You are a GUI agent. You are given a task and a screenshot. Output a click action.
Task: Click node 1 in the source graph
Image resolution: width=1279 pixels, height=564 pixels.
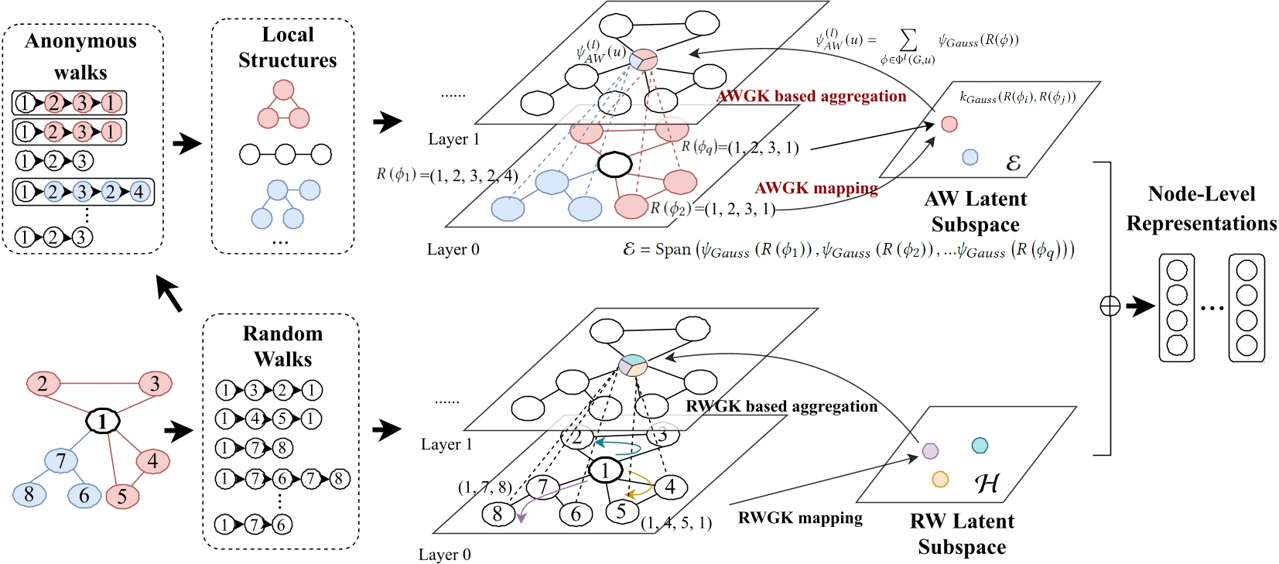click(x=103, y=421)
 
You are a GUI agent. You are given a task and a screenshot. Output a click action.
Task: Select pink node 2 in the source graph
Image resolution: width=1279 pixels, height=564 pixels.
click(x=43, y=383)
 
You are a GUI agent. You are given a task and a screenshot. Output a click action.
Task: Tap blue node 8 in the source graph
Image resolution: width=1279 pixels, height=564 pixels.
click(x=29, y=494)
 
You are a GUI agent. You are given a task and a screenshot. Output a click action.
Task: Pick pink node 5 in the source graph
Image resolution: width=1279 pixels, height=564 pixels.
click(x=121, y=496)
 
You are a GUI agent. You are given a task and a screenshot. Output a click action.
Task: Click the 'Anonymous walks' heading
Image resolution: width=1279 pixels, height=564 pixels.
click(x=80, y=56)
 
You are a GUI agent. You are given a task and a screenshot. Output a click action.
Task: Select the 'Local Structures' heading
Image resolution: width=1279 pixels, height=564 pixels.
click(x=287, y=47)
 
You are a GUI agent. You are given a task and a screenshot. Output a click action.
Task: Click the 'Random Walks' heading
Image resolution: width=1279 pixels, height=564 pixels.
click(x=282, y=346)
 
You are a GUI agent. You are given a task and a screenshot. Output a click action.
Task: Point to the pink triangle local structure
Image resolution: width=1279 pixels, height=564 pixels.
click(x=283, y=106)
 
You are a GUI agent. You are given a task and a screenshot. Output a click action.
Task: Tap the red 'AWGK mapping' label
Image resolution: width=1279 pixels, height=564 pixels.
click(x=816, y=188)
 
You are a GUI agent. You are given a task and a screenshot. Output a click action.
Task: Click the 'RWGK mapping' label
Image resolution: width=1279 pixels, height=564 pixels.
click(x=800, y=518)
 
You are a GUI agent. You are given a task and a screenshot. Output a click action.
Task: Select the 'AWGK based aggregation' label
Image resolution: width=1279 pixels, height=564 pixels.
click(x=811, y=96)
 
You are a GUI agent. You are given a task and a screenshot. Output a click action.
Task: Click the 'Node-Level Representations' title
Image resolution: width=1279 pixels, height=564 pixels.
click(x=1201, y=208)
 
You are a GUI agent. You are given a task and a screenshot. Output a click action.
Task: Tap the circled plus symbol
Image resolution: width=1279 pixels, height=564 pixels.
click(x=1110, y=307)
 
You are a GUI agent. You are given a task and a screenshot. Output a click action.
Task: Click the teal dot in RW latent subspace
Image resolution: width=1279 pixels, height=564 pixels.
click(x=980, y=445)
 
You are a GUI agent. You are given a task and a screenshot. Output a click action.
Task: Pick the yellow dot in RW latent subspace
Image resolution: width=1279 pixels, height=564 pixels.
click(x=940, y=479)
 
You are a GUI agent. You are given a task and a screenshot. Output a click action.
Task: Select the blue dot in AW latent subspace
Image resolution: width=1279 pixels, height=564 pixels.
click(x=970, y=157)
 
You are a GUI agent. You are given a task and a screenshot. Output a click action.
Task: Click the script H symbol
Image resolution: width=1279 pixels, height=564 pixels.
click(x=987, y=484)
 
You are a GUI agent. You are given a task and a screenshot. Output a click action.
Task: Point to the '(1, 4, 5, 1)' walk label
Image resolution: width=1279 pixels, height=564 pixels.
click(x=676, y=523)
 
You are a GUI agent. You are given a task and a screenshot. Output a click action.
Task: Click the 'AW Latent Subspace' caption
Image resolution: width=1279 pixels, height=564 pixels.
click(x=975, y=211)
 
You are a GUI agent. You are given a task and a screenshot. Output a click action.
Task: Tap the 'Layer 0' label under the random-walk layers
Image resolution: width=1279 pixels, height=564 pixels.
click(x=444, y=554)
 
